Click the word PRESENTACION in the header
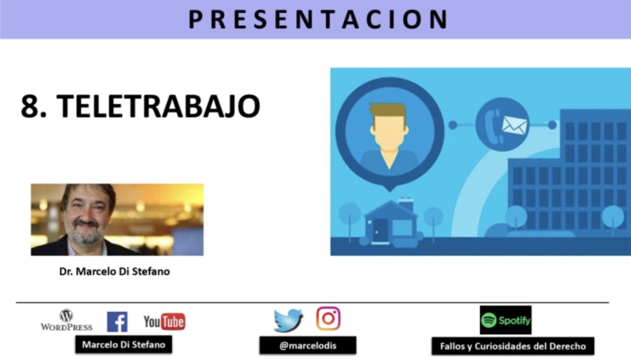click(x=318, y=19)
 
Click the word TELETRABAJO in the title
click(x=158, y=106)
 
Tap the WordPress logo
click(x=67, y=320)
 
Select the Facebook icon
click(x=117, y=322)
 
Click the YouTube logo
click(x=164, y=322)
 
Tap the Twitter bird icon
click(x=288, y=320)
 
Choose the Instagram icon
click(x=328, y=319)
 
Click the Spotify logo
click(x=505, y=320)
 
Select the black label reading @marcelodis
click(x=308, y=345)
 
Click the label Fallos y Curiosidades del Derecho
click(x=513, y=346)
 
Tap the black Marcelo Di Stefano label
click(x=123, y=345)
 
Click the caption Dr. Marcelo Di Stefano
click(x=115, y=271)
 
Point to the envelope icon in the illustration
click(x=515, y=126)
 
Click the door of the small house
click(x=380, y=231)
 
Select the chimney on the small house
click(x=405, y=205)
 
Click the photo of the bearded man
click(x=117, y=219)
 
